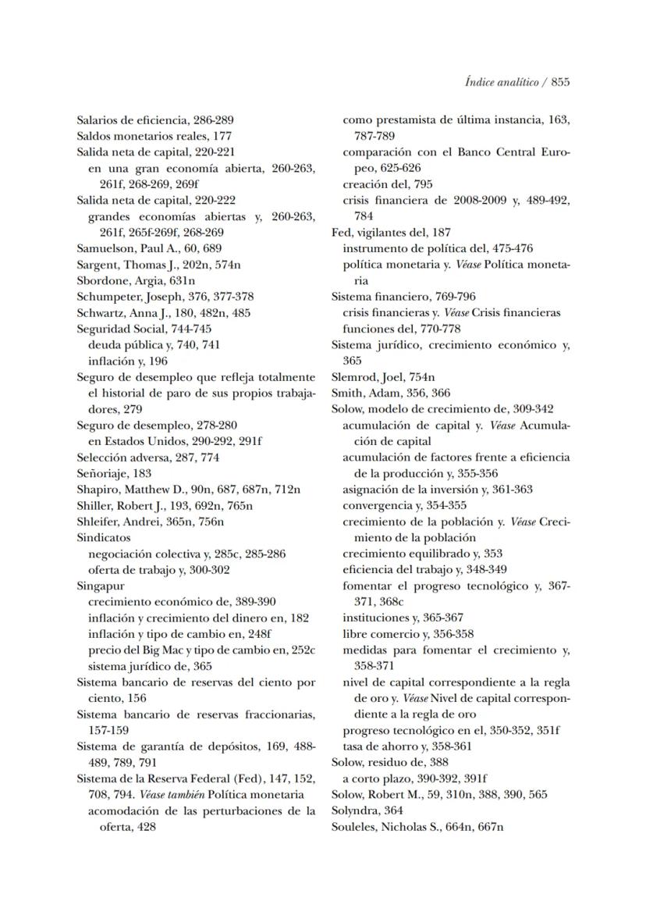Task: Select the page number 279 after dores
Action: (132, 409)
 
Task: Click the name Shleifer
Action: (99, 521)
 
